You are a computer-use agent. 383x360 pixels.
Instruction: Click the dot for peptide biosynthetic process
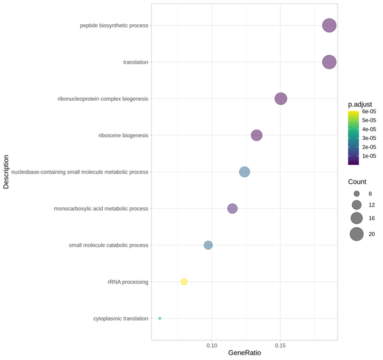coord(329,26)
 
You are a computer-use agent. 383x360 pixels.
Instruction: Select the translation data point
coord(329,62)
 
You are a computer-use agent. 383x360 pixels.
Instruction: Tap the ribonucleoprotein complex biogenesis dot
coord(281,98)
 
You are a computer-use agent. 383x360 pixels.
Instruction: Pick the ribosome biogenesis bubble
coord(257,135)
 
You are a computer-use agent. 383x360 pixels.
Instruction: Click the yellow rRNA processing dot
coord(184,281)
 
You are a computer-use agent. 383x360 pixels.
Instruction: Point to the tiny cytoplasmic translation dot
coord(160,319)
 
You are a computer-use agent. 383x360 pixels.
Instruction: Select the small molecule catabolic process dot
coord(208,245)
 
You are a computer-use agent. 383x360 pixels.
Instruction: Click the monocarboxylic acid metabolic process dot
coord(232,209)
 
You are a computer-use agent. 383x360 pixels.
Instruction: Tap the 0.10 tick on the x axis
coord(212,345)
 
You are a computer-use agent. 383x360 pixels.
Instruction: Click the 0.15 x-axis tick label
coord(280,345)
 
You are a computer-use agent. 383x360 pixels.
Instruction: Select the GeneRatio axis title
coord(244,353)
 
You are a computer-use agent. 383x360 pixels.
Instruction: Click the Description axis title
coord(6,172)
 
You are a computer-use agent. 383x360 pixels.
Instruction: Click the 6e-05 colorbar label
coord(369,112)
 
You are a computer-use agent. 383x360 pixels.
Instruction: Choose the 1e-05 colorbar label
coord(369,156)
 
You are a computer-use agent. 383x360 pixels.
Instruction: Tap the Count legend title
coord(357,182)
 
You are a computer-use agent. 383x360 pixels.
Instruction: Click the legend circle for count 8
coord(357,193)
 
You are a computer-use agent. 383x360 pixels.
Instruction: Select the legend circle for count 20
coord(356,234)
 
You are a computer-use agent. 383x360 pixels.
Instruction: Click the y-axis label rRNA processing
coord(128,282)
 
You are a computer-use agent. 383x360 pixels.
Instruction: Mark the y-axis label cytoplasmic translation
coord(121,319)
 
